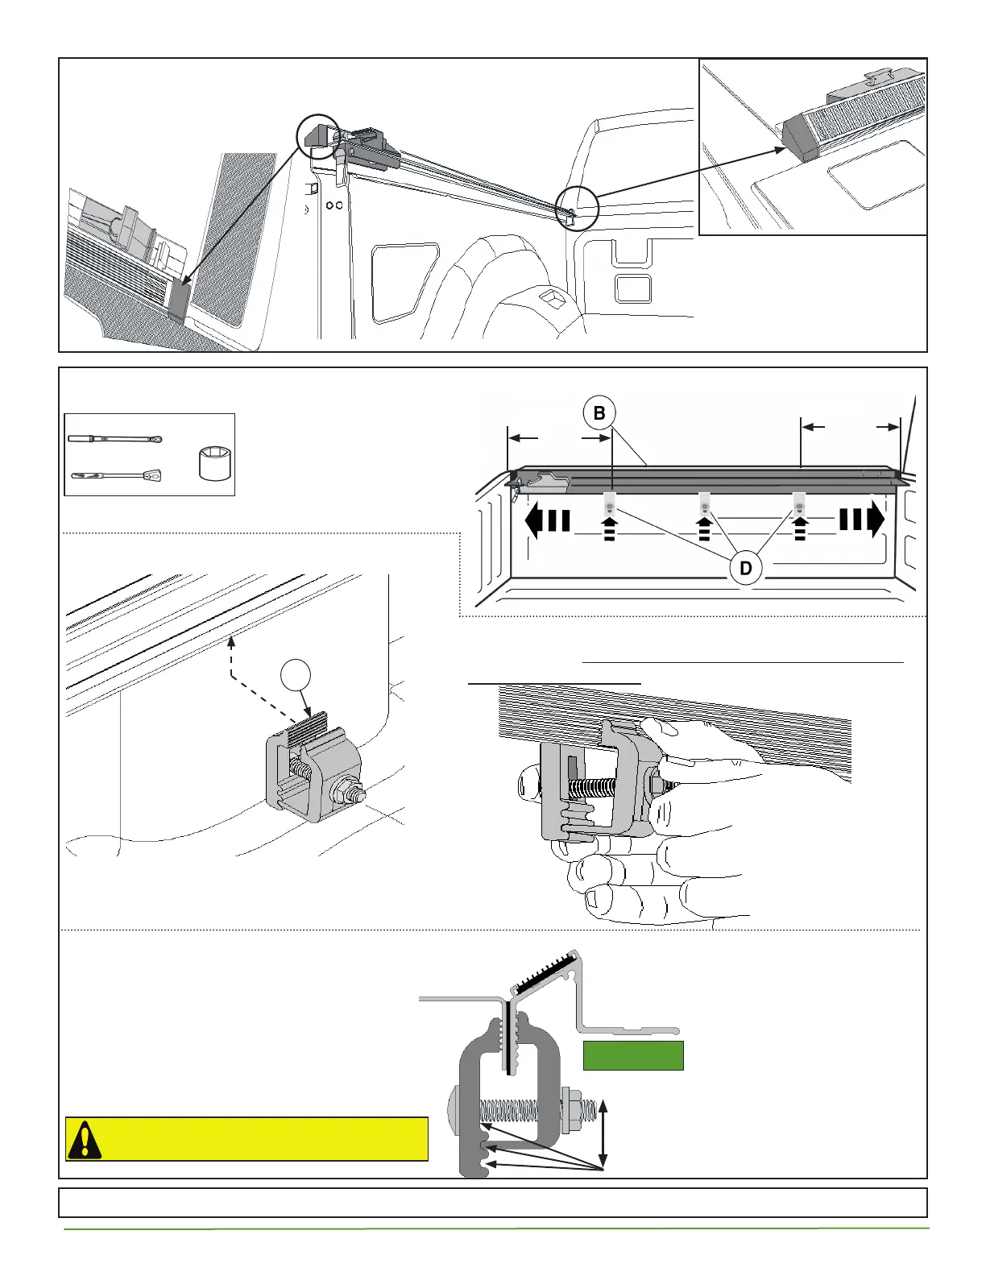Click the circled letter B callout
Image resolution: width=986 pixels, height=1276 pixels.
click(599, 413)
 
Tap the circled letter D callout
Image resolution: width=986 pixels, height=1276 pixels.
click(746, 568)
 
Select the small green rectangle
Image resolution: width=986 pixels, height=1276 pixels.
click(633, 1055)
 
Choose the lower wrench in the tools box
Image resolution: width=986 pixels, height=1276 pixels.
click(116, 475)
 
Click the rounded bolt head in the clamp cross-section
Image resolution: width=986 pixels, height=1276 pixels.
click(453, 1112)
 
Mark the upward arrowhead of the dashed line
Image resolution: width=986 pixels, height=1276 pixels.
click(231, 642)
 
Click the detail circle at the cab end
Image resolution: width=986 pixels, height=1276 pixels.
click(319, 137)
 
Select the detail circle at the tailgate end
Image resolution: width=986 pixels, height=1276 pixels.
click(577, 208)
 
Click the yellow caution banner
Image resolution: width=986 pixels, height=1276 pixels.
click(246, 1139)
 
